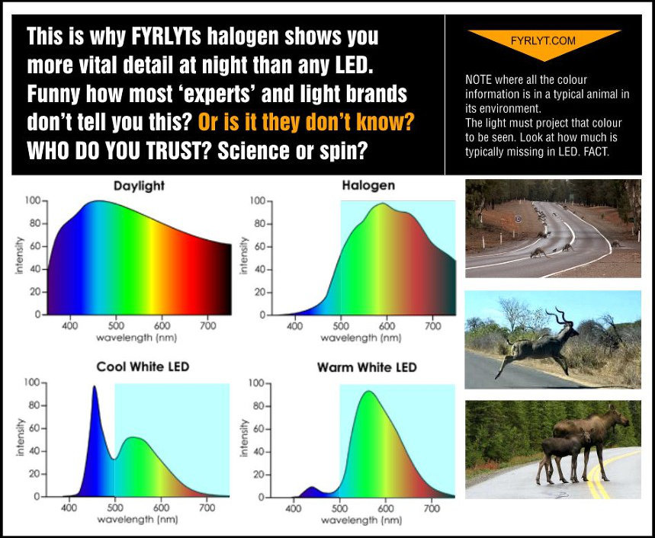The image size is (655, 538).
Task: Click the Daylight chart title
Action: pyautogui.click(x=139, y=186)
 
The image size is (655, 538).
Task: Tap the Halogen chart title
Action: pyautogui.click(x=368, y=185)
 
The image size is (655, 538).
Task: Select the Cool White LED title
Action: pyautogui.click(x=143, y=367)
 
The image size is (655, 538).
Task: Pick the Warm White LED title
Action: pyautogui.click(x=368, y=367)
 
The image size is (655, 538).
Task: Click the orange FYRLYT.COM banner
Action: pyautogui.click(x=544, y=42)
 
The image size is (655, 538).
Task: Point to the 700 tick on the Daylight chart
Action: pyautogui.click(x=207, y=325)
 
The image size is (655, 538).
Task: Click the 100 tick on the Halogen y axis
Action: pyautogui.click(x=257, y=200)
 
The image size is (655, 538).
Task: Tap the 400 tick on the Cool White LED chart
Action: pyautogui.click(x=69, y=508)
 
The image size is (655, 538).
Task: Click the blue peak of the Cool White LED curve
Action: pyautogui.click(x=95, y=387)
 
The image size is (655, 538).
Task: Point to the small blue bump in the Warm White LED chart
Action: pyautogui.click(x=311, y=490)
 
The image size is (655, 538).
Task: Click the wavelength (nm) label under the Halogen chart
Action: pyautogui.click(x=361, y=338)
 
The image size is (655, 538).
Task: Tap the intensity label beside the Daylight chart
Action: pyautogui.click(x=19, y=255)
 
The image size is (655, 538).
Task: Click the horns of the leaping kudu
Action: pyautogui.click(x=560, y=315)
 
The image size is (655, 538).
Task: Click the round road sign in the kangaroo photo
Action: pyautogui.click(x=519, y=218)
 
